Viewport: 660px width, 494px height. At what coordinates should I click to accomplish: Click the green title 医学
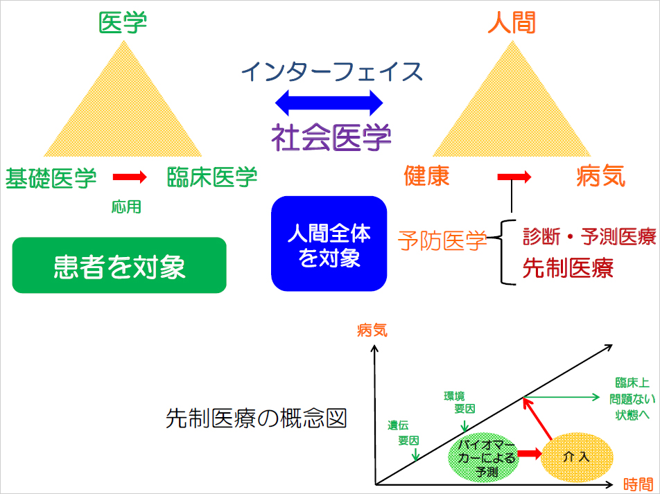click(x=123, y=22)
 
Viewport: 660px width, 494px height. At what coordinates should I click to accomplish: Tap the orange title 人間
click(x=512, y=22)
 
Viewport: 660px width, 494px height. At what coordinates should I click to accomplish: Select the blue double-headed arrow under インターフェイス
click(x=329, y=103)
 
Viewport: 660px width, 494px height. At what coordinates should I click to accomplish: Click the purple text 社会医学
click(x=331, y=136)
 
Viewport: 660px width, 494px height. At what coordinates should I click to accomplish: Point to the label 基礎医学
click(x=51, y=177)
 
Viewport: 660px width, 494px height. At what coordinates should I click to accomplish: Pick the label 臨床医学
click(x=212, y=177)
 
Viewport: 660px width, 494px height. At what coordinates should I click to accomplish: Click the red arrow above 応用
click(x=130, y=177)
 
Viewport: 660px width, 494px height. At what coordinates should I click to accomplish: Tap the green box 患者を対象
click(x=119, y=265)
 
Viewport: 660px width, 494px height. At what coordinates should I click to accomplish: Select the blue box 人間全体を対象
click(x=329, y=243)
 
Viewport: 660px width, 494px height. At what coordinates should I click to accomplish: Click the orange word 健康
click(x=427, y=177)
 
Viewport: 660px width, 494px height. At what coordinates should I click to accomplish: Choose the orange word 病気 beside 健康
click(x=601, y=177)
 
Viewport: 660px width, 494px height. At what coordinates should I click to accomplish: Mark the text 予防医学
click(x=442, y=240)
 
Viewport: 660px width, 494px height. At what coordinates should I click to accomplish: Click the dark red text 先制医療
click(x=568, y=268)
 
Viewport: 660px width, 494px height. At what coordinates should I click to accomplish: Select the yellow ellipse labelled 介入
click(x=577, y=457)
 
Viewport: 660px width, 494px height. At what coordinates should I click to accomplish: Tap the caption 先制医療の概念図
click(x=257, y=418)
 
